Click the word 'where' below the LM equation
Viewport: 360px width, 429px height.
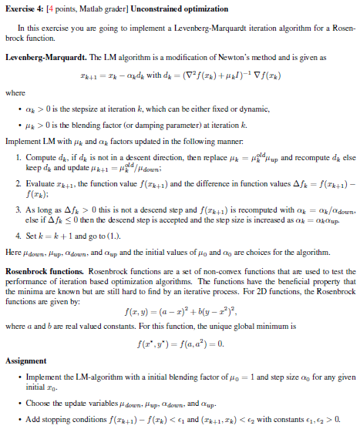15,93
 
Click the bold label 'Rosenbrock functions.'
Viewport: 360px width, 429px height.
45,272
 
